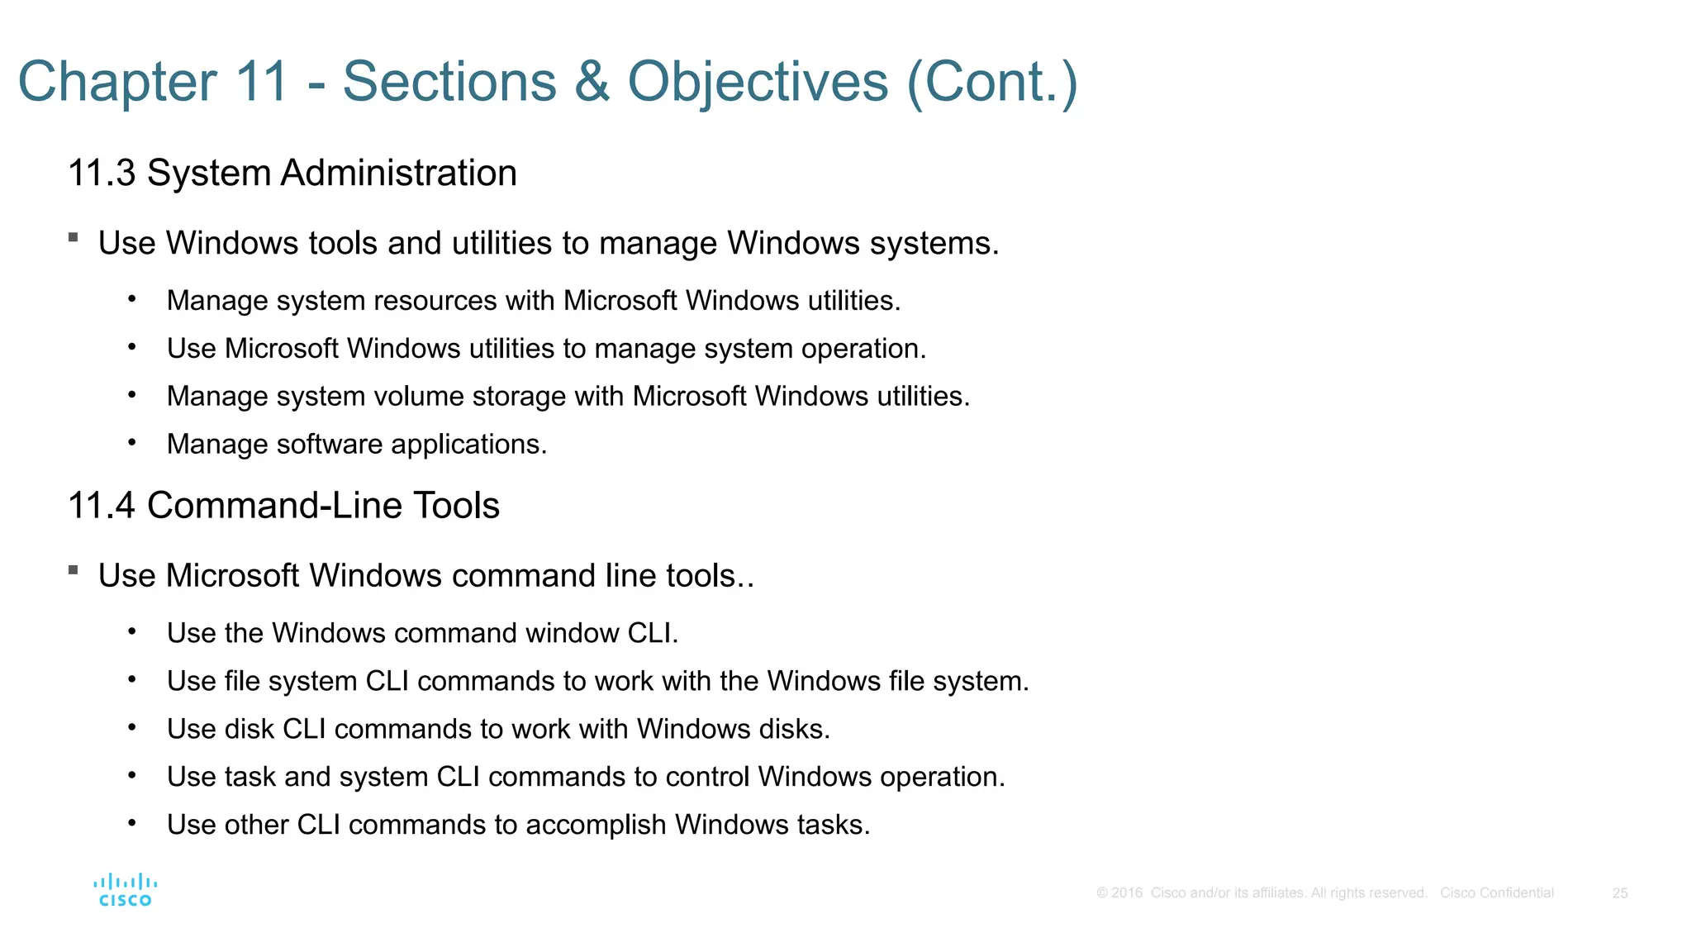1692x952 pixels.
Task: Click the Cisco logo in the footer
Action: [x=125, y=890]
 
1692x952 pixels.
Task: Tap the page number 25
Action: [x=1619, y=893]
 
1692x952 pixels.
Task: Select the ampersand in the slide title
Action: [x=592, y=82]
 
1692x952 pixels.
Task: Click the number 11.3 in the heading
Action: [x=101, y=174]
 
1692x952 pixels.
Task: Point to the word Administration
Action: [x=398, y=174]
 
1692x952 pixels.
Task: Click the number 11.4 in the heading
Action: [x=101, y=506]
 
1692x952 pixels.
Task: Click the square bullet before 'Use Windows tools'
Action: [x=74, y=238]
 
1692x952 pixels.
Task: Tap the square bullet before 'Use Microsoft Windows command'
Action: [x=74, y=570]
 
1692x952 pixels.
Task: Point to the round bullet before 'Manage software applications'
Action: [x=131, y=443]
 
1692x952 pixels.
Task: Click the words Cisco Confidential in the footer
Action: [x=1496, y=893]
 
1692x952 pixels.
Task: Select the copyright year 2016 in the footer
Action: [x=1127, y=893]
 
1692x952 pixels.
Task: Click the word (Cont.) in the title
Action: [x=991, y=82]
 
